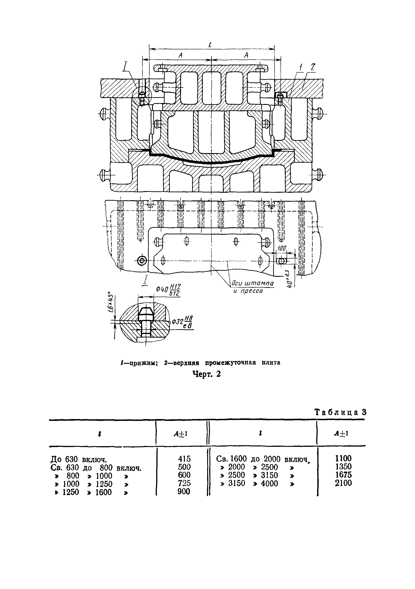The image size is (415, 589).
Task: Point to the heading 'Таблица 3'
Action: [x=340, y=412]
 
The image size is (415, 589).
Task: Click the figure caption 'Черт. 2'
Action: [x=207, y=374]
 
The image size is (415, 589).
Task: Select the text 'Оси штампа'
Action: [x=252, y=283]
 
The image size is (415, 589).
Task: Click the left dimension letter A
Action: [x=181, y=55]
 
